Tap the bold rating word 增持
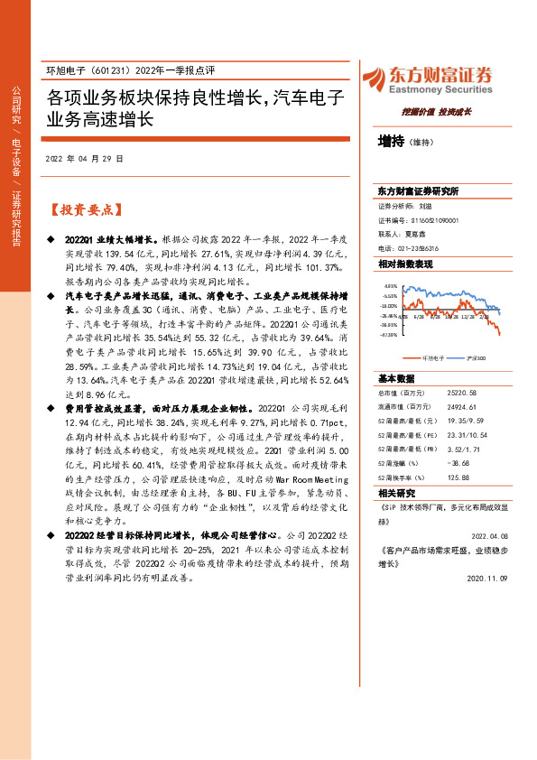tap(390, 141)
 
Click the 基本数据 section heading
tap(396, 378)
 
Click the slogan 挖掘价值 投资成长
tap(442, 112)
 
